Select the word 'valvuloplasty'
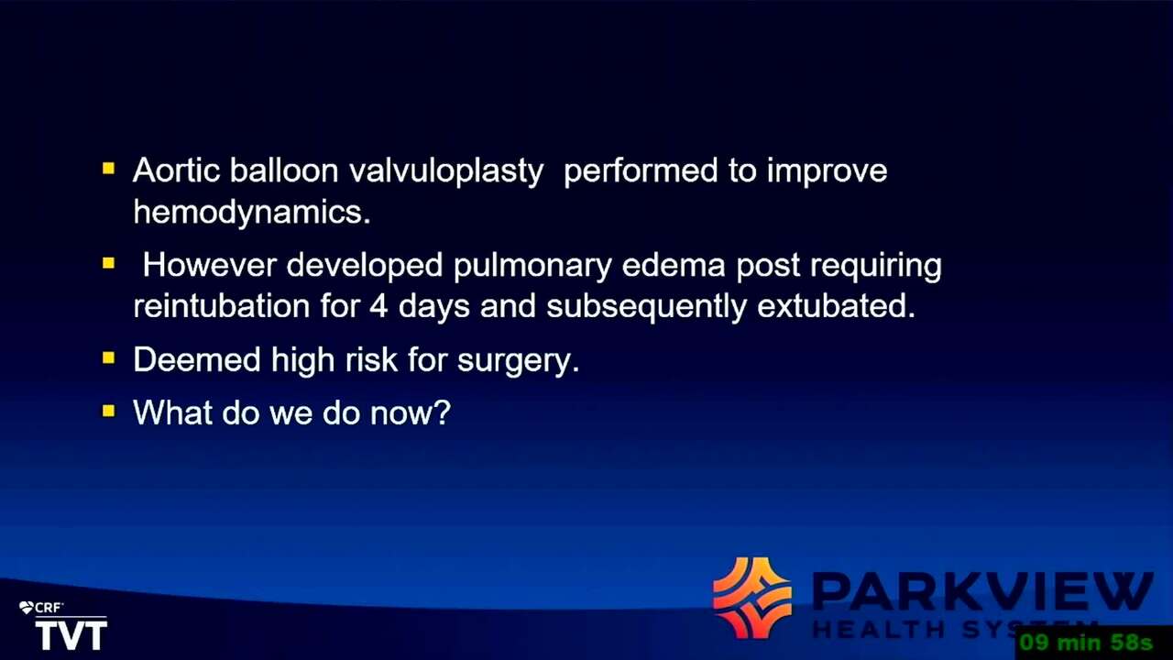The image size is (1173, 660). (446, 172)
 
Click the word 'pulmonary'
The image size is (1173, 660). (532, 267)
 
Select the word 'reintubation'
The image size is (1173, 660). (222, 306)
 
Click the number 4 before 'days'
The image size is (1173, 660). (378, 307)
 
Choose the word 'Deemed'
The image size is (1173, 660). (197, 360)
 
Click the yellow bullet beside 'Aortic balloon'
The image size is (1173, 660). (108, 169)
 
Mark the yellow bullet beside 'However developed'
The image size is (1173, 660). (108, 263)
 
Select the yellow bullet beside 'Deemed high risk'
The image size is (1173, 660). (108, 357)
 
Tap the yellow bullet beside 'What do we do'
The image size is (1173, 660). (108, 411)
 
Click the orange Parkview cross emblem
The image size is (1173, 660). (752, 598)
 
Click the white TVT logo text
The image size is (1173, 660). (71, 635)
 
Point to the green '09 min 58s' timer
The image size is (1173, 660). (1086, 642)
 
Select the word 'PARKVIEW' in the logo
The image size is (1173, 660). (982, 593)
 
